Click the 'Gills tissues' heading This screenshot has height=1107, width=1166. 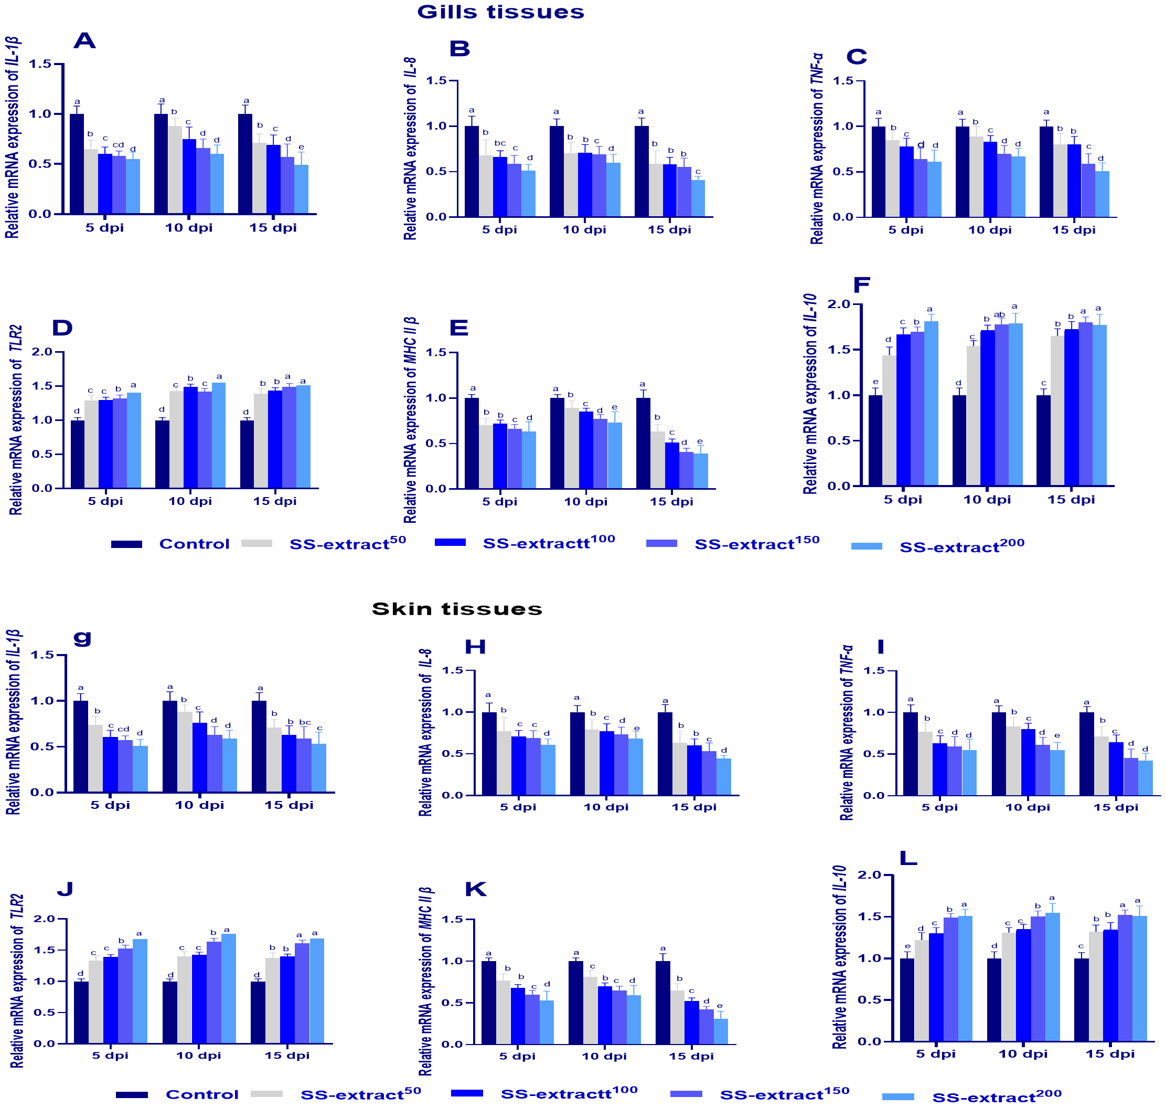point(500,12)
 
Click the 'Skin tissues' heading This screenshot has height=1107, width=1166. point(456,609)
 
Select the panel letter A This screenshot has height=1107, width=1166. point(84,41)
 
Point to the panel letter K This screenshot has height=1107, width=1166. point(475,889)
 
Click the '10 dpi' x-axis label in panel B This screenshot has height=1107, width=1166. point(584,229)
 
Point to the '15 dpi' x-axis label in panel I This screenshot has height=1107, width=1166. point(1115,807)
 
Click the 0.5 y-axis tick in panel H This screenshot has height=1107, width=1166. point(452,754)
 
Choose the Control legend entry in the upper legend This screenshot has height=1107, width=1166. point(194,544)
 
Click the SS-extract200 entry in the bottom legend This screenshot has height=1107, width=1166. point(997,1097)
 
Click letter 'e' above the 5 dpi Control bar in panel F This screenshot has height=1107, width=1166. point(875,382)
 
